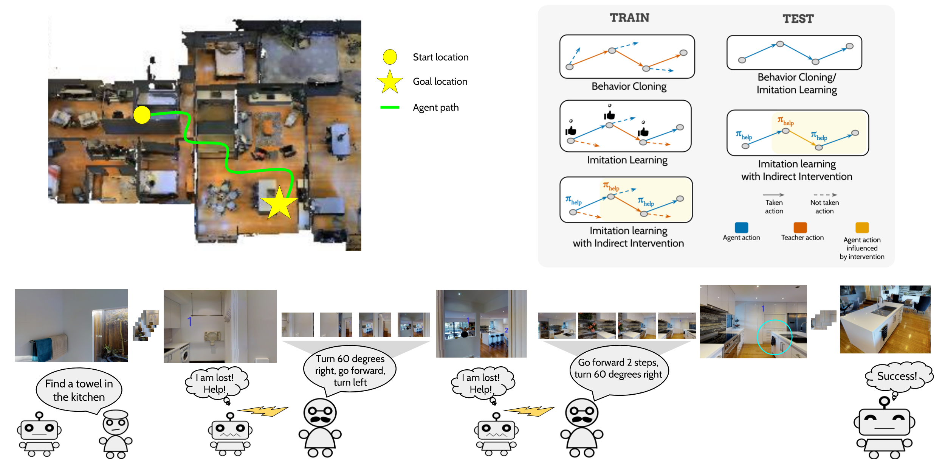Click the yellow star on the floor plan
point(279,204)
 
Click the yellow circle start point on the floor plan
point(142,115)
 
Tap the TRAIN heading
point(629,18)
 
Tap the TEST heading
point(798,19)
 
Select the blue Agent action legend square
point(741,227)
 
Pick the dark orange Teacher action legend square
point(800,227)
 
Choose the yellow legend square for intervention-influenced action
point(862,227)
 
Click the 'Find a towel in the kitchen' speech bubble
point(79,390)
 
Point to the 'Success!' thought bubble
point(897,376)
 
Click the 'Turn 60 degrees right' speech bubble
point(350,370)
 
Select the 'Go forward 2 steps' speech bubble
point(618,368)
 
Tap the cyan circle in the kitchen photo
point(775,337)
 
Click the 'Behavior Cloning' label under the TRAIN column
point(629,86)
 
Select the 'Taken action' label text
point(774,207)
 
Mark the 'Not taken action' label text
point(824,207)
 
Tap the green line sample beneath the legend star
point(390,107)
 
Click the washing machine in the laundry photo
point(184,356)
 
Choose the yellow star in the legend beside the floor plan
point(390,82)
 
